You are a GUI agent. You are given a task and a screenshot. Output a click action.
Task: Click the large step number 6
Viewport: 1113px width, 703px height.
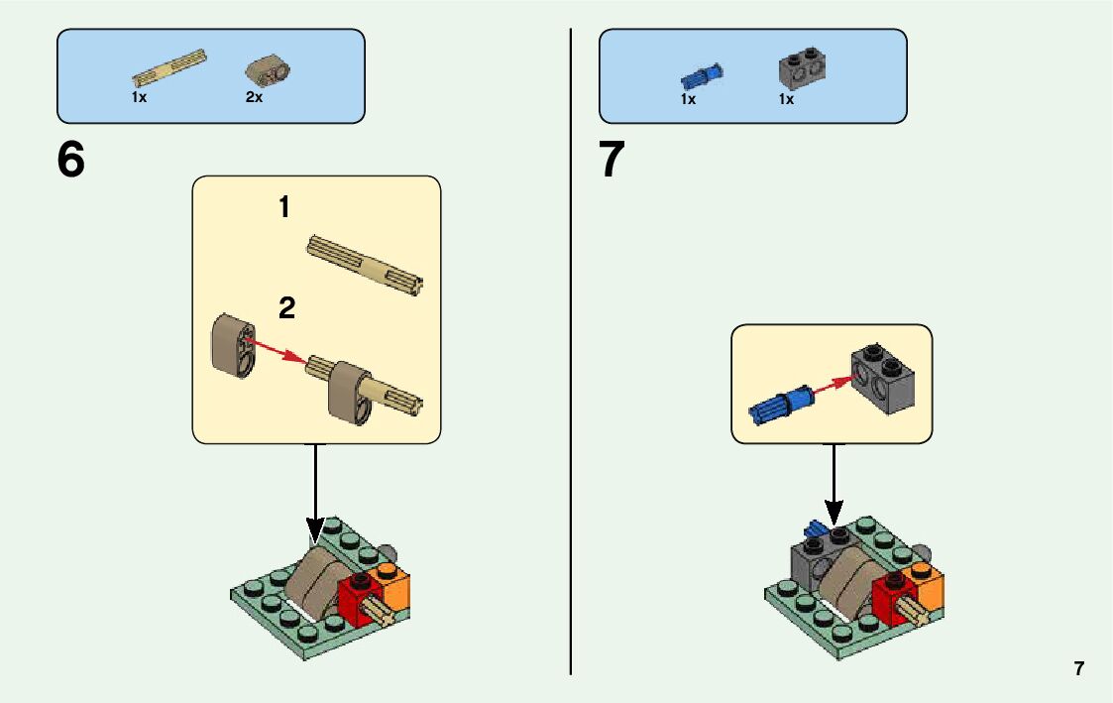point(71,161)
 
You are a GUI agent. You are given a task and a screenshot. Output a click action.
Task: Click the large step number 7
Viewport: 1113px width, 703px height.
point(612,161)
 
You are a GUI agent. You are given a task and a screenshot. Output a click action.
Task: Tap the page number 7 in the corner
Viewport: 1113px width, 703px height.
point(1078,668)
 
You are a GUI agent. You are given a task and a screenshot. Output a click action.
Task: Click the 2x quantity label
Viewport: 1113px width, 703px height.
point(255,98)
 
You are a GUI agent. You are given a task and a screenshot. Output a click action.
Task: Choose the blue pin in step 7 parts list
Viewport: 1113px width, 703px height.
point(701,76)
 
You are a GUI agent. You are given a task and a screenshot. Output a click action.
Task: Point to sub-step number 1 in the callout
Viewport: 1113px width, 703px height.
point(284,207)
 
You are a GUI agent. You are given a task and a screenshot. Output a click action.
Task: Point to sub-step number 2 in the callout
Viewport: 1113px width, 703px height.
point(286,308)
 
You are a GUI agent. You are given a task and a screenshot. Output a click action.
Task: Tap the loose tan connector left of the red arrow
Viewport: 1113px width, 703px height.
point(232,345)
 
